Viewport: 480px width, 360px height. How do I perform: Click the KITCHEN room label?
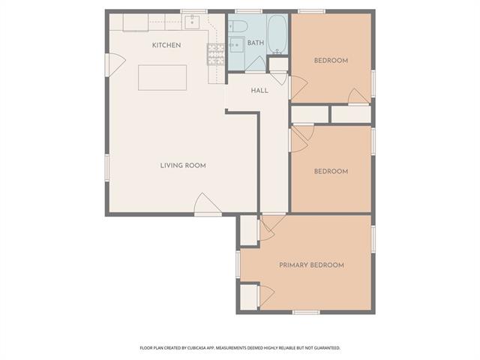(x=166, y=45)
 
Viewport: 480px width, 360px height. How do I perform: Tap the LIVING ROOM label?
(x=183, y=166)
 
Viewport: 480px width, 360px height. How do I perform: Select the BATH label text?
(x=256, y=43)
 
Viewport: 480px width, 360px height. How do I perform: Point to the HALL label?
(x=259, y=91)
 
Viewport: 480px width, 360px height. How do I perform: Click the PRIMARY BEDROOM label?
(x=312, y=265)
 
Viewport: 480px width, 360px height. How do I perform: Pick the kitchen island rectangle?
(x=162, y=77)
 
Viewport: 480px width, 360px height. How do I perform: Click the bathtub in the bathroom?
(x=277, y=34)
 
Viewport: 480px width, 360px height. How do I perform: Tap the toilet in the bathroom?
(x=238, y=26)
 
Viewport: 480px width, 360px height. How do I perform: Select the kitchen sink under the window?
(x=192, y=22)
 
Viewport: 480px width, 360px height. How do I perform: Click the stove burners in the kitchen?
(x=216, y=55)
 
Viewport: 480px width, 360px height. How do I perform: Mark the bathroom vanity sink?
(x=237, y=45)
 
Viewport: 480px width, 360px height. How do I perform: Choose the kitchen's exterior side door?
(x=115, y=65)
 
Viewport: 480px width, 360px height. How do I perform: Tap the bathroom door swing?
(x=256, y=64)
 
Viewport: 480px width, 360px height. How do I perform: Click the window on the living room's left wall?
(x=107, y=167)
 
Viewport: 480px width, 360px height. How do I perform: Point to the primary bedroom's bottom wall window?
(x=306, y=312)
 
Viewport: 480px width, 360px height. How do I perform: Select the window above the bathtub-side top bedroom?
(x=312, y=12)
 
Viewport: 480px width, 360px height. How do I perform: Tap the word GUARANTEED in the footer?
(x=328, y=348)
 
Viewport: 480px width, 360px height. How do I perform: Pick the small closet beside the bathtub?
(x=278, y=64)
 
